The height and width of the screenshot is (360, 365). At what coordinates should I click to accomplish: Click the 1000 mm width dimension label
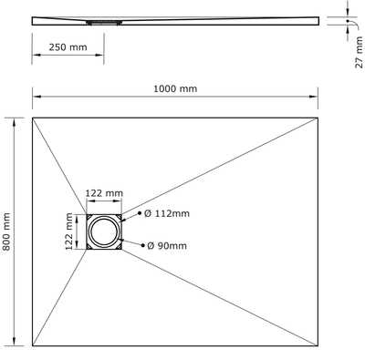point(175,88)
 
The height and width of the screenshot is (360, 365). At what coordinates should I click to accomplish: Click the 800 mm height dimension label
point(6,231)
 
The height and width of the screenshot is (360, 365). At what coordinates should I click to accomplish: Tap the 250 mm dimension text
point(68,47)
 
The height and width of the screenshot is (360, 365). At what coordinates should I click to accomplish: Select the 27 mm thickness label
point(359,52)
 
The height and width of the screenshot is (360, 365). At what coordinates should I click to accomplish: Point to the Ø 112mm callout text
point(167,213)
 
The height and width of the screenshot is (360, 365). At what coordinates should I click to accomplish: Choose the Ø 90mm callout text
point(167,245)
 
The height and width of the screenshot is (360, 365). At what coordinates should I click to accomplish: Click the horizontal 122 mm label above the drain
point(104,193)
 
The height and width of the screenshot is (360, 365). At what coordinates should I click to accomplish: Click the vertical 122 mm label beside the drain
point(69,231)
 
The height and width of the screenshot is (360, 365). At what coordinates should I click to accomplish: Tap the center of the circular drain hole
point(104,231)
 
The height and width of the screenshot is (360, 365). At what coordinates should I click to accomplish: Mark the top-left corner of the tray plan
point(33,118)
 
